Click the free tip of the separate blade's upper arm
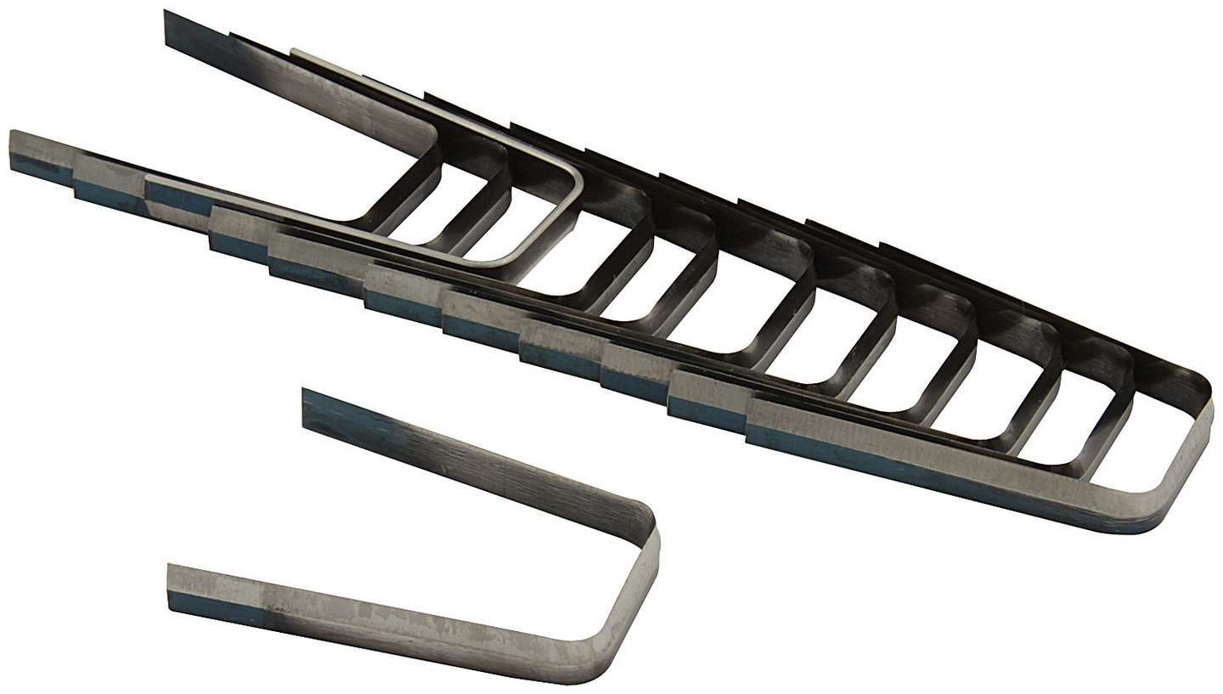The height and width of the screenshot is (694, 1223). pyautogui.click(x=309, y=402)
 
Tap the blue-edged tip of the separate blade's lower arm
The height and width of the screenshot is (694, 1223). pyautogui.click(x=175, y=587)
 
